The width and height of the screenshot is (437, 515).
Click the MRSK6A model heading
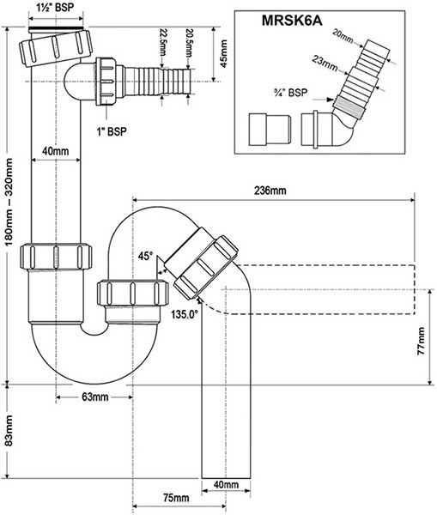tap(292, 21)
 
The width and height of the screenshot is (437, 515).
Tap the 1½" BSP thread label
tap(56, 8)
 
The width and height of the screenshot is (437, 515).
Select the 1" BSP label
tap(112, 131)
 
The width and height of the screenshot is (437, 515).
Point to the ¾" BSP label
tap(291, 93)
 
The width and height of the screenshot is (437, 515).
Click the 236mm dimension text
tap(270, 191)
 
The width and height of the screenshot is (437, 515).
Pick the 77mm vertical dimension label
tap(421, 341)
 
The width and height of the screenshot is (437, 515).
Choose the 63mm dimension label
tap(95, 397)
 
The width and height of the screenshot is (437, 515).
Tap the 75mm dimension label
tap(176, 498)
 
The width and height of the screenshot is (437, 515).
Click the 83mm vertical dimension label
tap(9, 431)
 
